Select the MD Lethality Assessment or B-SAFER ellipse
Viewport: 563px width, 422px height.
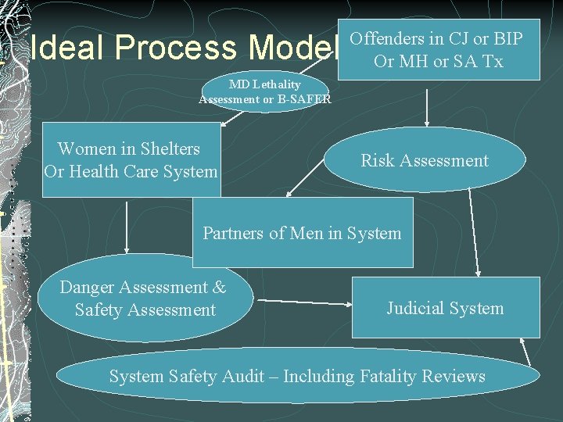point(264,91)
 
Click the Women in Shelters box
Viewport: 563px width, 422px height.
point(131,159)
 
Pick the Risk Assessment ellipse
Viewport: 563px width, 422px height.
point(424,160)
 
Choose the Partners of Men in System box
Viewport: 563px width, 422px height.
point(302,232)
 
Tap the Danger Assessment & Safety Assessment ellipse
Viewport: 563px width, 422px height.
point(144,299)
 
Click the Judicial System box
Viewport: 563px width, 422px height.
point(445,308)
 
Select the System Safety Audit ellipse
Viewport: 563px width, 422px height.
point(297,377)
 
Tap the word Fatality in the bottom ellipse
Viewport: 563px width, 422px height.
point(388,377)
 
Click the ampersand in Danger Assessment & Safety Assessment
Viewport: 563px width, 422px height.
point(218,288)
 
